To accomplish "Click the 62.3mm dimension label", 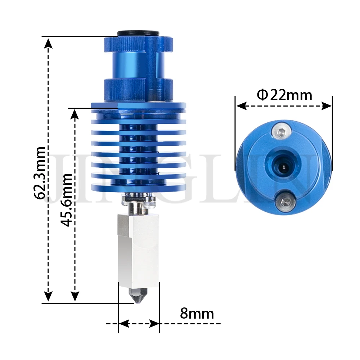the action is [x=40, y=173].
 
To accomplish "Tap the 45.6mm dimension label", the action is [x=66, y=199].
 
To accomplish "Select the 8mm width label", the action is [x=197, y=313].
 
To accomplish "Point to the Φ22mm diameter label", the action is [x=284, y=95].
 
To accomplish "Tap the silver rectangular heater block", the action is [x=138, y=251].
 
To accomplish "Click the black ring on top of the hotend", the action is [x=138, y=33].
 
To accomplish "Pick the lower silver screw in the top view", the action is [x=284, y=202].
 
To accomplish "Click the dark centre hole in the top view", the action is [x=283, y=167].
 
